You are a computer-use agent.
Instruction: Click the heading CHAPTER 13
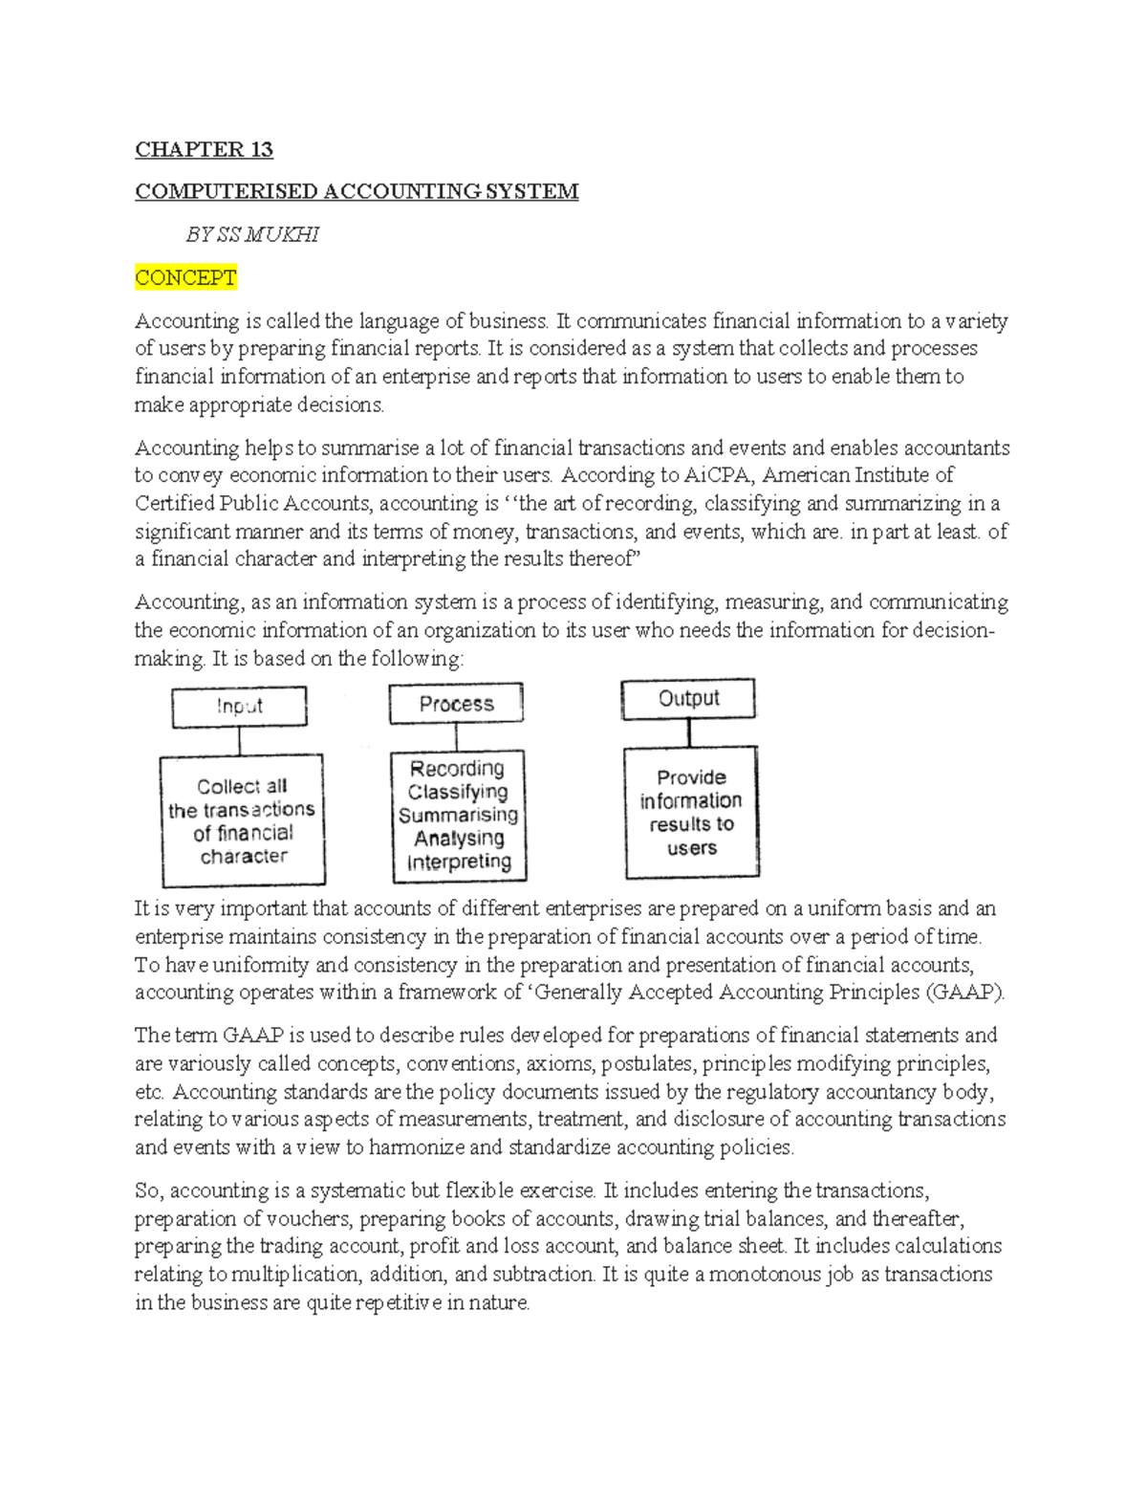click(204, 149)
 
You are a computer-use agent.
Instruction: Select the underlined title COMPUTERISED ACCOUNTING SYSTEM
click(357, 191)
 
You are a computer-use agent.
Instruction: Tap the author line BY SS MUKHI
click(252, 234)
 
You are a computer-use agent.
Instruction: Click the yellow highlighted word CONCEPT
click(185, 277)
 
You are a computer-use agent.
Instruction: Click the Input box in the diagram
click(239, 707)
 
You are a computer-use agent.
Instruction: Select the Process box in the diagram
click(456, 704)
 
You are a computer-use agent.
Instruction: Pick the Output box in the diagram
click(688, 699)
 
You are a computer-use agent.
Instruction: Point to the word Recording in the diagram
click(457, 768)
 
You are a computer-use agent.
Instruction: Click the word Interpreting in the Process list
click(459, 862)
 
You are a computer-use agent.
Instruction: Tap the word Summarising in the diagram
click(458, 815)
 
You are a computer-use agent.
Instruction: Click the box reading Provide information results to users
click(691, 813)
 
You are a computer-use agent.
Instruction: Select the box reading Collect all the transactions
click(243, 820)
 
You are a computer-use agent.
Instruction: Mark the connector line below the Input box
click(239, 741)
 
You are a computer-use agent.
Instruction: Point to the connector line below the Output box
click(688, 732)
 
